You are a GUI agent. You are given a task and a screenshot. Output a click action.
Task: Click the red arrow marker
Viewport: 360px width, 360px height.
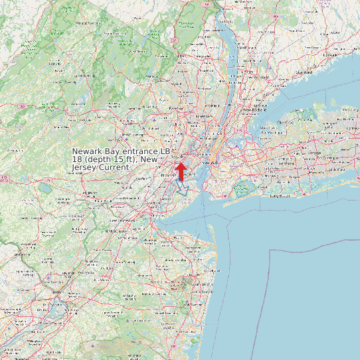pos(180,170)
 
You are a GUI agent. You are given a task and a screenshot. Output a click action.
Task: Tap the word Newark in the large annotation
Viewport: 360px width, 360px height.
pos(87,152)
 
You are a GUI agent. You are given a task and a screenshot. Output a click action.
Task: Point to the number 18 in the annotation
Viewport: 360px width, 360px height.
pos(77,160)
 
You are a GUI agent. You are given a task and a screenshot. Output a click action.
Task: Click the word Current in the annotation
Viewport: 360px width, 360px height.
pos(113,168)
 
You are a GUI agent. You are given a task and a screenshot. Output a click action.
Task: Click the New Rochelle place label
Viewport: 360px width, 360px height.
pos(254,110)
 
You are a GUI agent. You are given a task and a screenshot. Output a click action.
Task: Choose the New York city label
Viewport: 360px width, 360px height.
pos(210,162)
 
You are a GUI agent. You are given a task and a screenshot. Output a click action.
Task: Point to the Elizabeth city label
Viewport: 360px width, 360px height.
pos(165,175)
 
